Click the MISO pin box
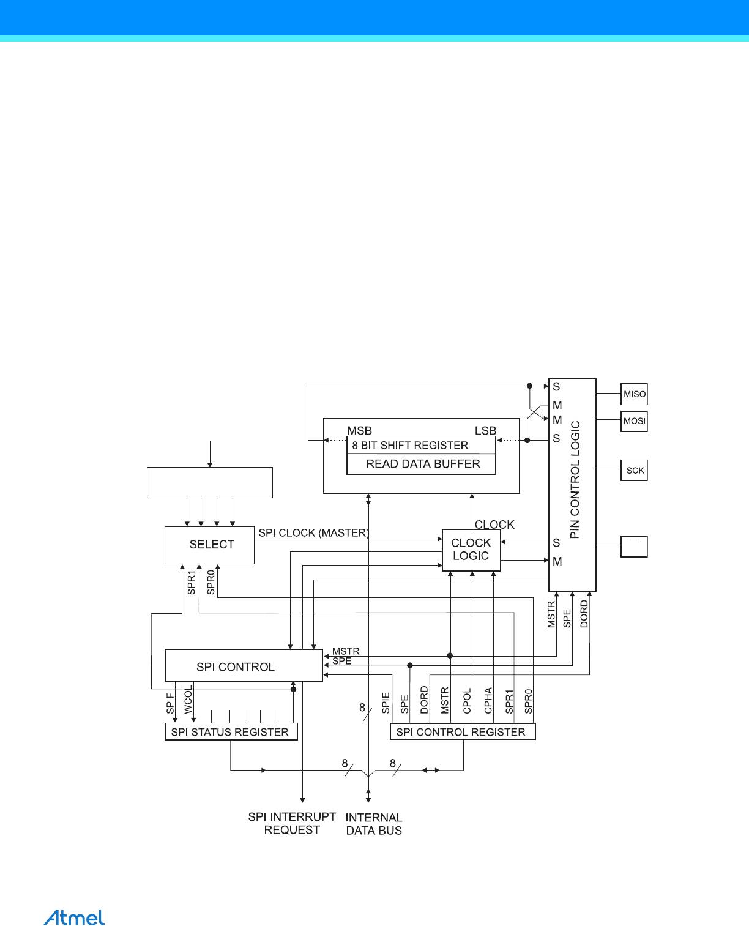click(634, 394)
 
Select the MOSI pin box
click(634, 421)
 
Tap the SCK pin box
click(634, 471)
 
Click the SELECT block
click(209, 545)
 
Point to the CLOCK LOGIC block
click(471, 550)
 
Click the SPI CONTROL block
click(244, 666)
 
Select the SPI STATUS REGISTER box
click(231, 732)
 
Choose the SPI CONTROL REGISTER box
click(462, 732)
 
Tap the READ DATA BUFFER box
click(422, 464)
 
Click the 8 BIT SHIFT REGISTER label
click(410, 446)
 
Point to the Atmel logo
click(74, 918)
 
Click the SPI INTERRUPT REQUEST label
click(292, 823)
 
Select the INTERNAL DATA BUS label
click(374, 824)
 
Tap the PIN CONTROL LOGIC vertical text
click(575, 480)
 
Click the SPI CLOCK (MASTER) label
click(313, 533)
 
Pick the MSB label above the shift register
click(359, 431)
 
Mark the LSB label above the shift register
click(485, 431)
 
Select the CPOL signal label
click(467, 701)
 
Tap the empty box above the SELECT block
click(209, 483)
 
